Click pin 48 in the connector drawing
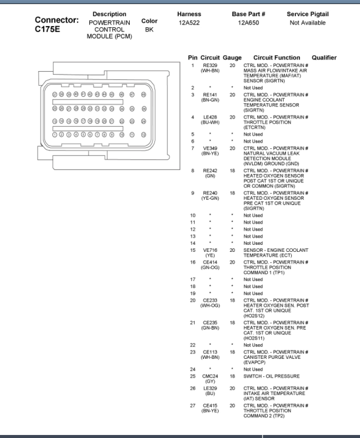pos(143,94)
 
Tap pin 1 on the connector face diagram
pos(55,134)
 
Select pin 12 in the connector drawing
pos(143,134)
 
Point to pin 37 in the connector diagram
pos(55,94)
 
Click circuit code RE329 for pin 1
pos(210,66)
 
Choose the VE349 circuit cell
pos(210,148)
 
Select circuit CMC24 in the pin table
pos(210,376)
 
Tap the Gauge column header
pos(232,58)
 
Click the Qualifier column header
pos(324,58)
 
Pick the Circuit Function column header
pos(276,58)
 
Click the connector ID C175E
pos(44,29)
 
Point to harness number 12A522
pos(189,23)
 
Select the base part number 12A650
pos(248,23)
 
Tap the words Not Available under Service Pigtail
pos(307,23)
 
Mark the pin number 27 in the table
pos(192,405)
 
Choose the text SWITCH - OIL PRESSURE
pos(272,376)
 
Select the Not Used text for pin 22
pos(253,345)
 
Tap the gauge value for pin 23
pos(232,352)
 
